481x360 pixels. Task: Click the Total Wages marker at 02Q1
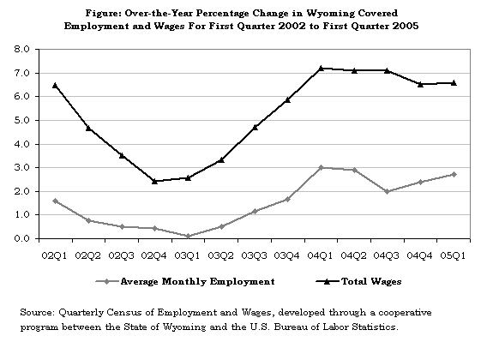pyautogui.click(x=55, y=86)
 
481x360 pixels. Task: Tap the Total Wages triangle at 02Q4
pyautogui.click(x=154, y=181)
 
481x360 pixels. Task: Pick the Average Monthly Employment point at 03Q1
pyautogui.click(x=188, y=236)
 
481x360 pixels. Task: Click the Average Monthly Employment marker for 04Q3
pyautogui.click(x=387, y=191)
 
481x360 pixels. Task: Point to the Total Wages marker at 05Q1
pyautogui.click(x=454, y=83)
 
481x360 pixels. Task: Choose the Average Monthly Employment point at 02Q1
pyautogui.click(x=55, y=201)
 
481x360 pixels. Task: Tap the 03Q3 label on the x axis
pyautogui.click(x=254, y=255)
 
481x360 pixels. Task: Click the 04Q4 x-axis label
pyautogui.click(x=420, y=255)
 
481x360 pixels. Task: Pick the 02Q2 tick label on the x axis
pyautogui.click(x=88, y=255)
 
